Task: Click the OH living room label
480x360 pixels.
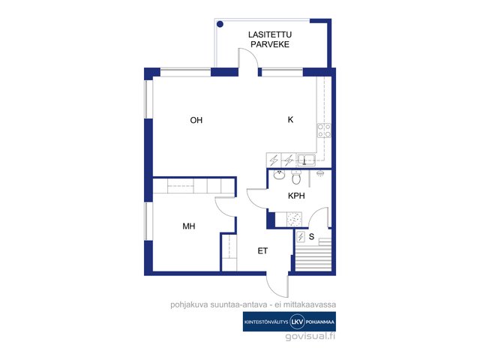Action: tap(196, 120)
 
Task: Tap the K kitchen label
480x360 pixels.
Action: tap(290, 119)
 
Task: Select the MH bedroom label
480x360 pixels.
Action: tap(189, 226)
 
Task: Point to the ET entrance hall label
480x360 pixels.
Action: tap(262, 251)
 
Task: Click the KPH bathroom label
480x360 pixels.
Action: tap(296, 196)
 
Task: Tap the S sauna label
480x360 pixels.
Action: tap(312, 236)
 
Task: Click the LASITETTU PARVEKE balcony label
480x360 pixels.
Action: tap(270, 40)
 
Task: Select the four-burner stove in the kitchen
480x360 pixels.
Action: tap(324, 130)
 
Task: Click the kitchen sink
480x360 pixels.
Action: tap(307, 160)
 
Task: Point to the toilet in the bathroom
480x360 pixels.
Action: tap(296, 177)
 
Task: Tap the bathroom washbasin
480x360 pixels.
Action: tap(279, 175)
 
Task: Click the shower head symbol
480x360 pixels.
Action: tap(320, 173)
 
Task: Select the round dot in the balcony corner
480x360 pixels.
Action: tap(220, 24)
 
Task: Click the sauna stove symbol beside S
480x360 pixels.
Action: tap(301, 237)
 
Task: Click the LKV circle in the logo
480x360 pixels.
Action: tap(297, 322)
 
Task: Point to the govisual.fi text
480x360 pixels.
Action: tap(310, 337)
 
